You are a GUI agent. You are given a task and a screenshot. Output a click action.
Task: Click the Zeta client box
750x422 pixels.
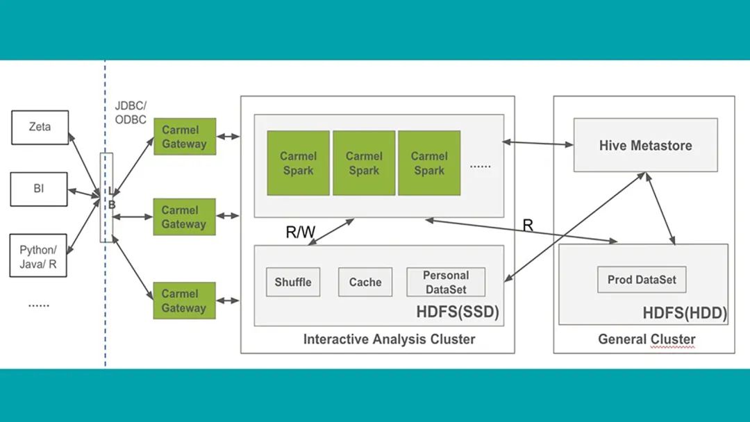click(x=40, y=127)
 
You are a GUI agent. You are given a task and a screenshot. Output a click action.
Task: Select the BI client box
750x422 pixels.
click(x=38, y=189)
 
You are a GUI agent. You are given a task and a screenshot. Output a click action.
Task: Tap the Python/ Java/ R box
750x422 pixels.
click(x=38, y=255)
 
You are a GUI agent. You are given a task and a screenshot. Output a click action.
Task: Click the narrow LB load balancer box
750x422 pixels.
click(x=106, y=198)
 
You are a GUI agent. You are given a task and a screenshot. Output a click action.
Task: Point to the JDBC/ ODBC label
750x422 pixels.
click(x=131, y=112)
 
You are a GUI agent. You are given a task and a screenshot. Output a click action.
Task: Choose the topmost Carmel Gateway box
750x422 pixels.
click(x=184, y=137)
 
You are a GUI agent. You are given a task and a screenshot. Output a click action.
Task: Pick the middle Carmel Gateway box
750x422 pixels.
click(x=184, y=217)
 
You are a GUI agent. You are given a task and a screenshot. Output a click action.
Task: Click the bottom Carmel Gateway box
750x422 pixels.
click(x=184, y=301)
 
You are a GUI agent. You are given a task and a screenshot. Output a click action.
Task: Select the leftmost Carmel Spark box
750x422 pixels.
click(x=298, y=163)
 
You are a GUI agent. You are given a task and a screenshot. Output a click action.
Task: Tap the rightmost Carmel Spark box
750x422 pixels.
click(x=428, y=163)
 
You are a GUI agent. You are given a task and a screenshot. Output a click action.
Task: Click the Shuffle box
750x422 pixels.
click(x=293, y=282)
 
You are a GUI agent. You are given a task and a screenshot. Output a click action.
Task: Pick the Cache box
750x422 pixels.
click(x=365, y=282)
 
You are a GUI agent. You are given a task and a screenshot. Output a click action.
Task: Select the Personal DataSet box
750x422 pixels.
click(x=446, y=282)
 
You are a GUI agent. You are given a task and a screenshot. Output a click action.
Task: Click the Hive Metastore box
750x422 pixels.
click(x=645, y=145)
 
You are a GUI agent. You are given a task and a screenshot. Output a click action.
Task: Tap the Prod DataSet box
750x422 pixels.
click(x=642, y=280)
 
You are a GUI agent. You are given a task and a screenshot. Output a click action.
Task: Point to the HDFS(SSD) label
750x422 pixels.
click(x=458, y=312)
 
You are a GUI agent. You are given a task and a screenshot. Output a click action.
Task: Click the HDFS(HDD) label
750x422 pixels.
click(x=685, y=313)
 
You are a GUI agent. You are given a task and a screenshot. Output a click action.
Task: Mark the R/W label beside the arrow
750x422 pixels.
click(x=300, y=233)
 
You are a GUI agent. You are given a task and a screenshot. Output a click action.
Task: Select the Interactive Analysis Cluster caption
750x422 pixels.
click(x=389, y=339)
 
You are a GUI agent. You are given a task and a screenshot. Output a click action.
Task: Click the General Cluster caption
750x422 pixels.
click(x=647, y=339)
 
